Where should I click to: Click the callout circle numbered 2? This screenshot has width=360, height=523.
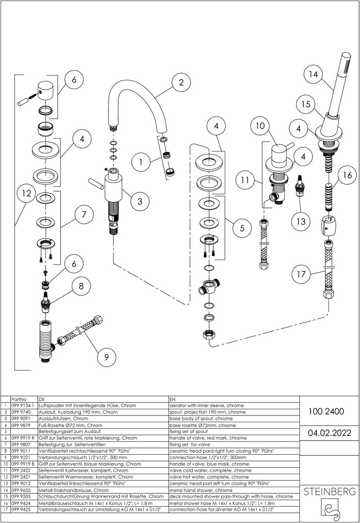[181, 83]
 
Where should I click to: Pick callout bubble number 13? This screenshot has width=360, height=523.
[301, 221]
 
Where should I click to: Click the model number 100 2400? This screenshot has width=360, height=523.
[326, 412]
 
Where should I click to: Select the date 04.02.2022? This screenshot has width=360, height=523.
[326, 432]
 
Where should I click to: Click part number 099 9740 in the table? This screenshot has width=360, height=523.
[21, 412]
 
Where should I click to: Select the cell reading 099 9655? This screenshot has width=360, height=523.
[21, 490]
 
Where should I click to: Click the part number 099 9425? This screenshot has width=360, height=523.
[21, 509]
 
